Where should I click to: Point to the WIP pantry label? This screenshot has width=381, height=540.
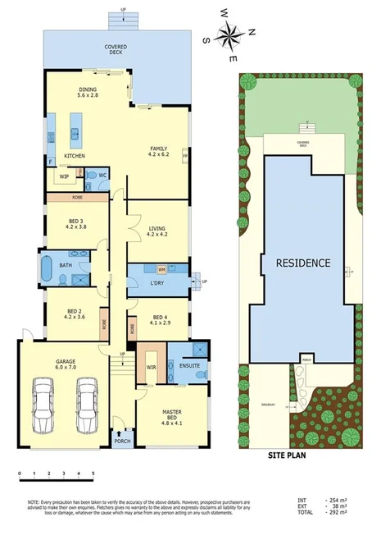(x=63, y=176)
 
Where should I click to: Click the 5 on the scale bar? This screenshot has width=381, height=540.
(x=93, y=474)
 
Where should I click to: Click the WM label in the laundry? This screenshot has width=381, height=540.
(x=161, y=268)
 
